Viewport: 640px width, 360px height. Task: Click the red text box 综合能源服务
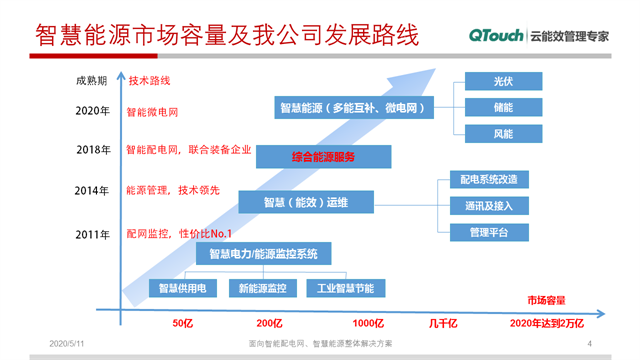322,157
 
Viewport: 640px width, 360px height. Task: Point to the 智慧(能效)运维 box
305,202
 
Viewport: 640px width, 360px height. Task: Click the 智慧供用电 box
181,288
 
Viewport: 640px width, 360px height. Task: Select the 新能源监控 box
263,288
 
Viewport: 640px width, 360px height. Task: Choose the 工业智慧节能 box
345,288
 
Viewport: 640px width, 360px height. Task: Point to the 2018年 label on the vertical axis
92,150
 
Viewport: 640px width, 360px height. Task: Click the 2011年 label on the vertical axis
92,234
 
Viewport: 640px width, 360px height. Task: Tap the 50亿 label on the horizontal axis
182,324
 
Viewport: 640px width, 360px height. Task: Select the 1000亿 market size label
368,324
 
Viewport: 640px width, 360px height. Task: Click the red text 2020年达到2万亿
545,324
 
